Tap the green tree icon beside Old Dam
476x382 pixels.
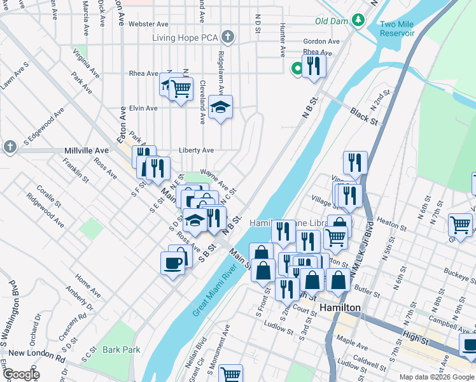coord(358,20)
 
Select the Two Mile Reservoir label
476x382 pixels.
coord(396,29)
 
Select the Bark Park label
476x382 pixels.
coord(121,350)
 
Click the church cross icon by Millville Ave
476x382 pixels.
coord(10,147)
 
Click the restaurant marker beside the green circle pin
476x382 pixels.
coord(314,66)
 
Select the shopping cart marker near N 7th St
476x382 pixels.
coord(460,225)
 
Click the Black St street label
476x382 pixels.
coord(362,115)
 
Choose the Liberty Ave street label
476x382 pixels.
coord(196,151)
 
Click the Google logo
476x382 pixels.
coord(20,374)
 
